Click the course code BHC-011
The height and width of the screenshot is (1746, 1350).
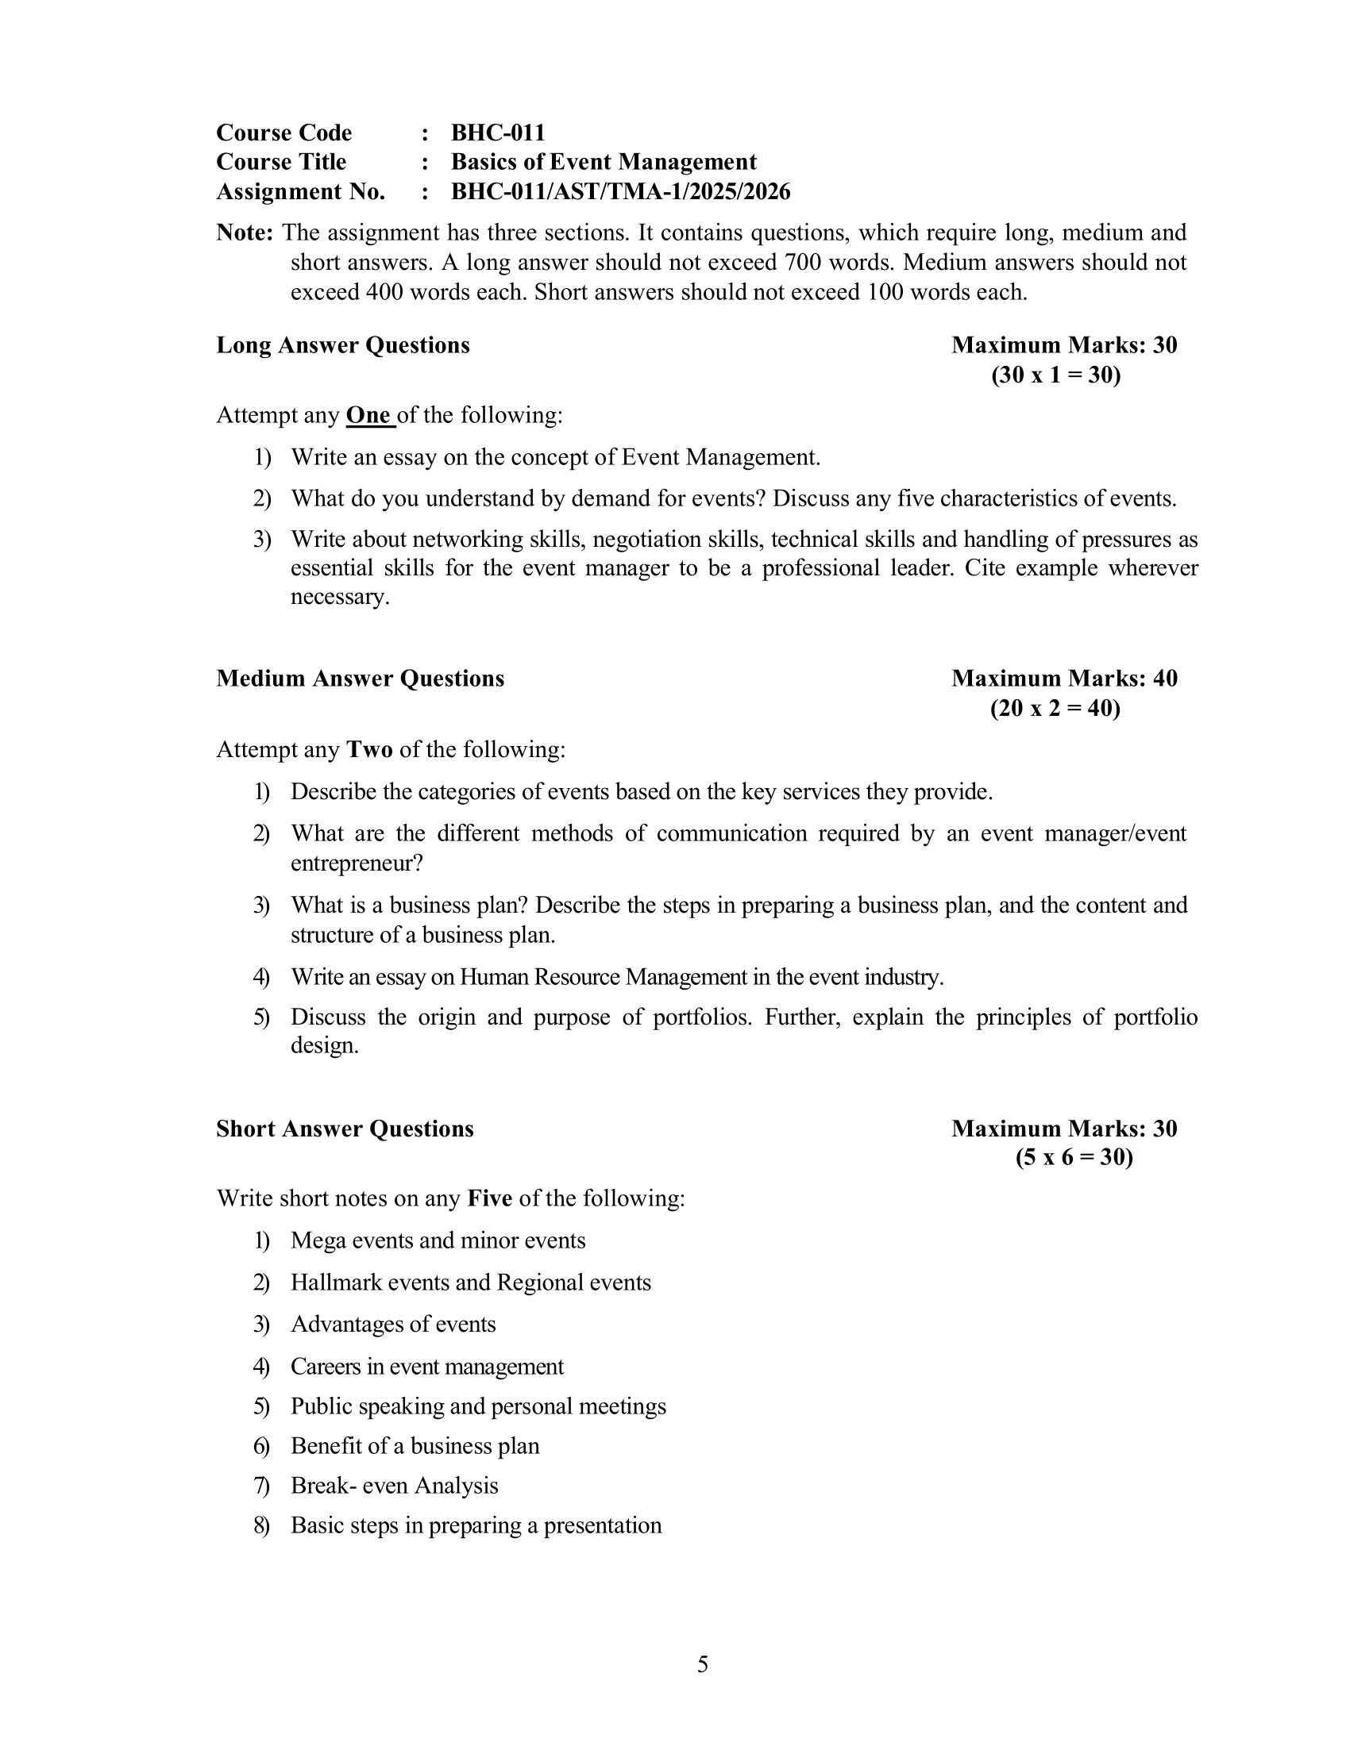click(497, 133)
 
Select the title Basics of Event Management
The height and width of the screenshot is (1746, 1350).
click(603, 162)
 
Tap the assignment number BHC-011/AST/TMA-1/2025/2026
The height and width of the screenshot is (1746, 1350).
click(620, 192)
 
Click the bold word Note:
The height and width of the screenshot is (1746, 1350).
click(245, 233)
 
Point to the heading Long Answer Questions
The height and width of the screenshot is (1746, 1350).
click(342, 345)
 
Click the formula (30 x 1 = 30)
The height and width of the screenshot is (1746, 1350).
click(1055, 375)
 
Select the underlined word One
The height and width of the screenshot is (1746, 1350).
click(368, 416)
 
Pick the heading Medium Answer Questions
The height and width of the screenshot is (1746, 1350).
click(360, 679)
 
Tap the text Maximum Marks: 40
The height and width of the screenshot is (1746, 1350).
click(1063, 679)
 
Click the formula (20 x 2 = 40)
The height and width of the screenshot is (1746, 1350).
click(1055, 708)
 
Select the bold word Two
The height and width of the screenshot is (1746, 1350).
click(368, 750)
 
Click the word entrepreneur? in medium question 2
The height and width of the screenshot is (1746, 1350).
click(356, 863)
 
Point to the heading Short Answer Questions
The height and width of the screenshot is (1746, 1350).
click(345, 1129)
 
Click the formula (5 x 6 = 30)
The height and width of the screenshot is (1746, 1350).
click(1074, 1158)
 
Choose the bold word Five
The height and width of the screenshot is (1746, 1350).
click(489, 1198)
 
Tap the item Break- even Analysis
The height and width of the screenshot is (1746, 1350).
click(395, 1486)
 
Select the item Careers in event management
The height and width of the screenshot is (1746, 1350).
click(427, 1367)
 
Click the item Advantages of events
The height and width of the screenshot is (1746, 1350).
click(392, 1324)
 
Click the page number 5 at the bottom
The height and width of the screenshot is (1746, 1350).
click(702, 1664)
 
